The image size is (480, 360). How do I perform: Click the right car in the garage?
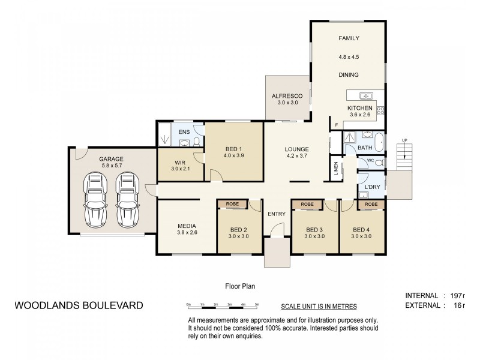pyautogui.click(x=127, y=199)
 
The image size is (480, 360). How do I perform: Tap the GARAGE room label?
pyautogui.click(x=112, y=160)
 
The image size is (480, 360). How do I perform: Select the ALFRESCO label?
pyautogui.click(x=287, y=96)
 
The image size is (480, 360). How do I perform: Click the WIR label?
pyautogui.click(x=180, y=162)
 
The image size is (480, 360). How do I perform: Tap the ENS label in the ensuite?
pyautogui.click(x=184, y=132)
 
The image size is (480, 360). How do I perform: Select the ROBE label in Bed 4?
pyautogui.click(x=371, y=205)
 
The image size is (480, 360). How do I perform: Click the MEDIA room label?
pyautogui.click(x=187, y=226)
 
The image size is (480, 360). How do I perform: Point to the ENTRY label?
pyautogui.click(x=277, y=214)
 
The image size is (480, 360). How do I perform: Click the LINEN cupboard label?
pyautogui.click(x=335, y=170)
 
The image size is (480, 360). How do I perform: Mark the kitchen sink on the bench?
pyautogui.click(x=364, y=95)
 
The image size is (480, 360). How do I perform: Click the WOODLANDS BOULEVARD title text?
pyautogui.click(x=78, y=305)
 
